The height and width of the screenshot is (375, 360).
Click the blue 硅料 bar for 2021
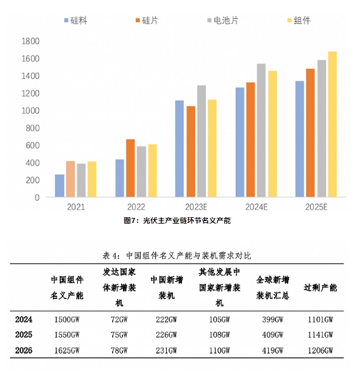[x=60, y=186]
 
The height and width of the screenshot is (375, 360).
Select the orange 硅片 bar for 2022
[x=131, y=168]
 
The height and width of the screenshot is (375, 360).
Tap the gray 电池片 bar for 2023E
[x=202, y=141]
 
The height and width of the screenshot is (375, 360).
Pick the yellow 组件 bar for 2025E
[x=332, y=124]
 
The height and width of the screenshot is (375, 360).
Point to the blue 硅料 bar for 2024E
[x=240, y=143]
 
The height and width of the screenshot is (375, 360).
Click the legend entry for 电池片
[x=223, y=20]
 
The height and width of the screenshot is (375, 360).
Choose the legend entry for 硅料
[x=75, y=20]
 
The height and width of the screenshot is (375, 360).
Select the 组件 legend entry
[x=299, y=20]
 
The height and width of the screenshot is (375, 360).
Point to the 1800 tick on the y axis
[x=30, y=41]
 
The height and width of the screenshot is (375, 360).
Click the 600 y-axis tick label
[x=32, y=146]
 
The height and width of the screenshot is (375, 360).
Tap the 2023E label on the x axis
[x=196, y=207]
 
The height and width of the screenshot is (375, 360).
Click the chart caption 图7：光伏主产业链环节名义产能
[x=177, y=220]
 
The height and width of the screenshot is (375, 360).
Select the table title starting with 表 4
[x=177, y=256]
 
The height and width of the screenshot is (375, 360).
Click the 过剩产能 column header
[x=320, y=288]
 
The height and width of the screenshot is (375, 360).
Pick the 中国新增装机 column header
[x=167, y=288]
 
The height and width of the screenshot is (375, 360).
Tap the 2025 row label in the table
[x=23, y=335]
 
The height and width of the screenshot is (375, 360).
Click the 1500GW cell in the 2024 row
[x=67, y=319]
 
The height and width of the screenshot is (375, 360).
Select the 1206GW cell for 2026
[x=320, y=350]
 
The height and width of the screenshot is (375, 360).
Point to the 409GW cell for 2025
[x=273, y=335]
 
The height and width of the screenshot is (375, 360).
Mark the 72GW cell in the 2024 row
[x=119, y=319]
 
